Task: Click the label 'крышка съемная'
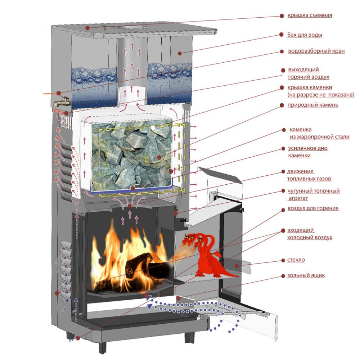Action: click(309, 15)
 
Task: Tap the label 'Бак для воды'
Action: click(304, 35)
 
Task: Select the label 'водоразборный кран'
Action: click(316, 51)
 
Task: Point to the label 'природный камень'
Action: click(313, 105)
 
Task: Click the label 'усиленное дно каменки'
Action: click(307, 152)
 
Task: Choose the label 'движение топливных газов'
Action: click(309, 175)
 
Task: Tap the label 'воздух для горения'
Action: click(313, 208)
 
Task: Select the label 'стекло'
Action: click(296, 260)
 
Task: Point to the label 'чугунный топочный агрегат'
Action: click(313, 194)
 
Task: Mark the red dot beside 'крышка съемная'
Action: click(282, 16)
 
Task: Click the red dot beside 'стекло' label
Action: click(282, 260)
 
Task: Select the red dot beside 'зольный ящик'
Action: click(282, 276)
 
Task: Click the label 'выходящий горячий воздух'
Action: click(309, 73)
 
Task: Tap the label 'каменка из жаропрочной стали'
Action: click(319, 133)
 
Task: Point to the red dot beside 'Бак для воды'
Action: click(282, 35)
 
